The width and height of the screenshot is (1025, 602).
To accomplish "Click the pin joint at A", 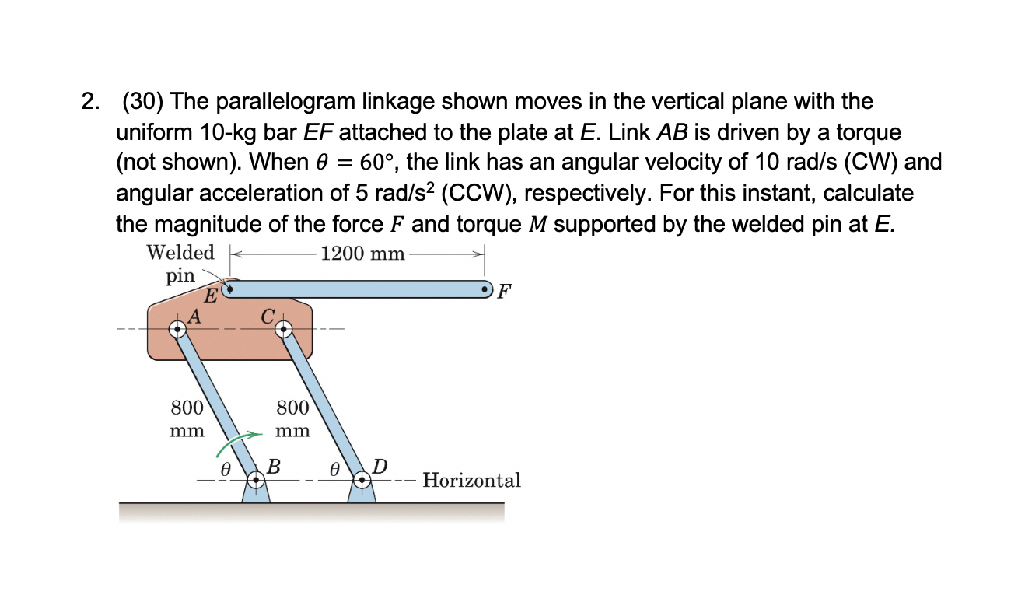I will tap(179, 329).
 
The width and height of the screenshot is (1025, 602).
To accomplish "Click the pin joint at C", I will tap(284, 329).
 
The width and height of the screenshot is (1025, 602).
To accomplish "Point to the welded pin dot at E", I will tap(228, 289).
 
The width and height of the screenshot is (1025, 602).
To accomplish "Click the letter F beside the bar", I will tap(505, 292).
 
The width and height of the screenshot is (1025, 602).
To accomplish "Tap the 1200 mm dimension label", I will tap(362, 254).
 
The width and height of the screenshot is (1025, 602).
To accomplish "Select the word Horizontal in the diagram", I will tap(472, 480).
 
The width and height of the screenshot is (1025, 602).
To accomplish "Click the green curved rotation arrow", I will tap(235, 441).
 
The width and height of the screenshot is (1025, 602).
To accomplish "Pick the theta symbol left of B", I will tap(225, 470).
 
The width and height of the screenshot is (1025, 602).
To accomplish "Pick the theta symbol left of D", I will tap(334, 470).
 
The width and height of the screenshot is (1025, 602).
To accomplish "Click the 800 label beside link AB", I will tap(187, 408).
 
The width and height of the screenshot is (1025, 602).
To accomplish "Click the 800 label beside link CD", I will tap(292, 408).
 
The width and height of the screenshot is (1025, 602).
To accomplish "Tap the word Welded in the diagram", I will tap(180, 253).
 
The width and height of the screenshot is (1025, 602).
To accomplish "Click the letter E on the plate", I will tap(210, 296).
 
